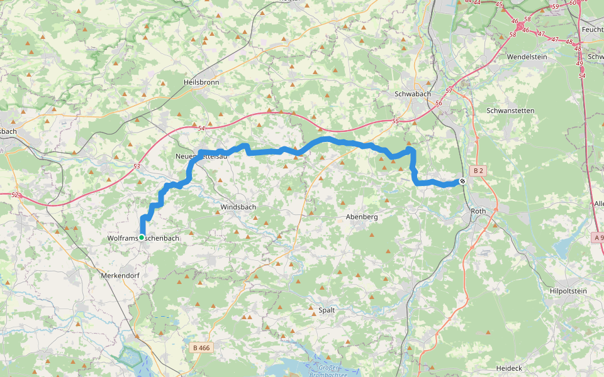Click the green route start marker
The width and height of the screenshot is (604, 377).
[x=142, y=237]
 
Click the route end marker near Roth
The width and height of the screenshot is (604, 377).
[x=462, y=181]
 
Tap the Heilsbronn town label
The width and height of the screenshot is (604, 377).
[x=200, y=82]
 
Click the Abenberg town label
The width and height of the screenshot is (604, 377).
[x=362, y=217]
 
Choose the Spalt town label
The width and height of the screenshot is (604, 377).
[x=327, y=310]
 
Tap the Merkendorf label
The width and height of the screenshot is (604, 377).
[x=119, y=275]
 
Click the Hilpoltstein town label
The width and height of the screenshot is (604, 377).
[x=568, y=291]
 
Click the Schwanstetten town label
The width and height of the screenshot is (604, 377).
[x=510, y=111]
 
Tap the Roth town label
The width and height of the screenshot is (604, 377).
[x=479, y=211]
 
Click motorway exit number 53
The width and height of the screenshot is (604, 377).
[x=137, y=166]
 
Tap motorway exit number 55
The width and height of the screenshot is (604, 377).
[x=395, y=121]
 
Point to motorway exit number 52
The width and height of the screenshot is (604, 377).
[x=14, y=195]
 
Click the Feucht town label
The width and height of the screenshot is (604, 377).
[x=592, y=30]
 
